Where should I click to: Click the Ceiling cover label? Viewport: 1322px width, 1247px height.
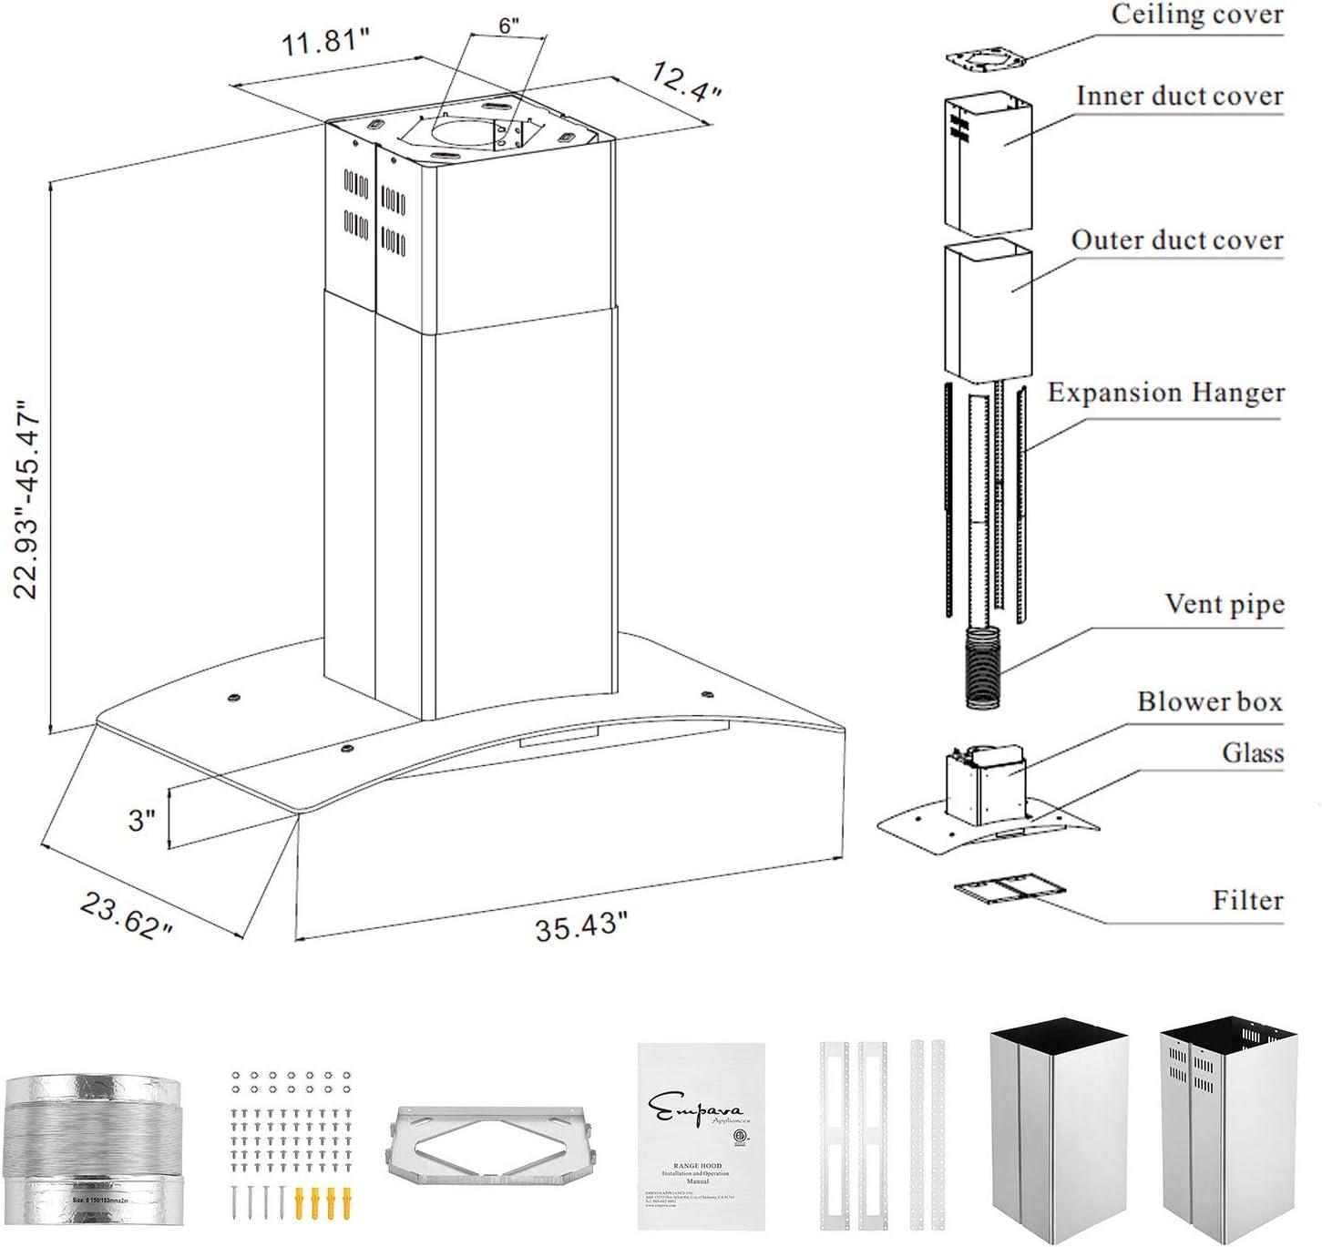click(1195, 15)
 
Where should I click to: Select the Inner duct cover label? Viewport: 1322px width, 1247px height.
click(1179, 96)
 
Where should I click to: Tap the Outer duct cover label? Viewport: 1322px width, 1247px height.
click(1176, 240)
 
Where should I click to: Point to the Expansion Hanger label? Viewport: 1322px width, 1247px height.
click(1165, 393)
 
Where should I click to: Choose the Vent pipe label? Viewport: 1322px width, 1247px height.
click(1224, 604)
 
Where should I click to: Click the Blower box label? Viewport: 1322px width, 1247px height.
click(1209, 701)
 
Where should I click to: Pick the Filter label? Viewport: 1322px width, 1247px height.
click(1246, 900)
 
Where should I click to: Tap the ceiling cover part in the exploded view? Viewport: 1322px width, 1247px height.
click(985, 60)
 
